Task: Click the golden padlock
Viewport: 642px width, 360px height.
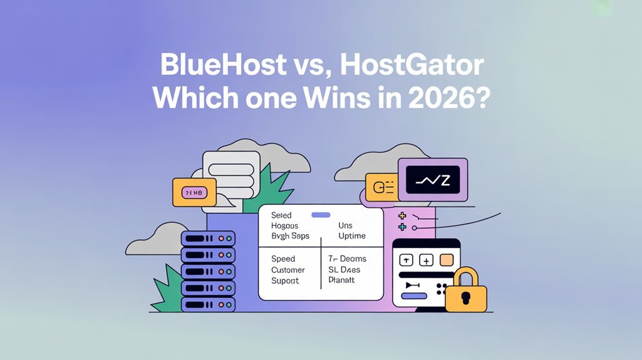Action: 466,291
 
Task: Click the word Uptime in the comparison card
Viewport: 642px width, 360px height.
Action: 352,236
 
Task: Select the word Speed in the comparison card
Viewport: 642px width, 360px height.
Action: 283,259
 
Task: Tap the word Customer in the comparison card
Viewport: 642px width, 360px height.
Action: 288,270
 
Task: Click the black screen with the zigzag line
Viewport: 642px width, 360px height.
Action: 432,179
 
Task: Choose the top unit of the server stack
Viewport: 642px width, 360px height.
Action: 208,239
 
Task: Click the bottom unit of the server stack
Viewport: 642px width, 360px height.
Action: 208,304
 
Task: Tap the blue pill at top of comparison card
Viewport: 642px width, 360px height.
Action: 321,215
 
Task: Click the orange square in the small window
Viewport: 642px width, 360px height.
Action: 446,259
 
